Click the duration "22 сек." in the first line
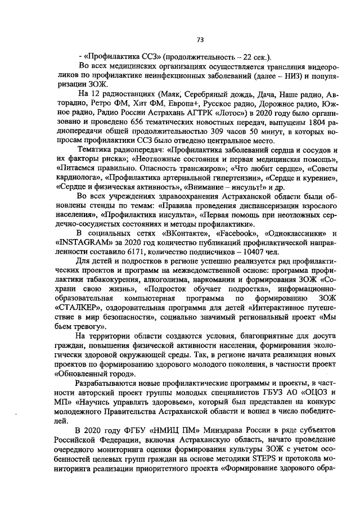[255, 56]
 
